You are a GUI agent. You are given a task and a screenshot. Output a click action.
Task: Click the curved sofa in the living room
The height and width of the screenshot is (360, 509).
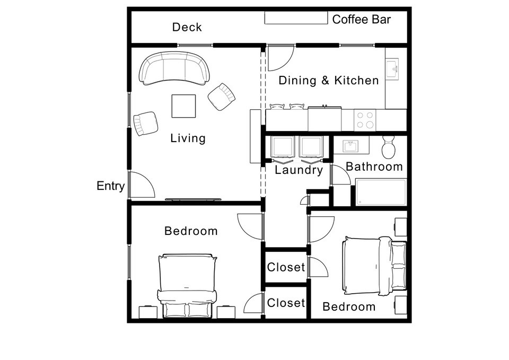174,69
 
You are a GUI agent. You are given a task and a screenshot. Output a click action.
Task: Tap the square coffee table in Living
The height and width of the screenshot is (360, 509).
183,106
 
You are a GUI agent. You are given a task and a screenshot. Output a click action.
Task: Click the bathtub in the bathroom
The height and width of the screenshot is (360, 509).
381,192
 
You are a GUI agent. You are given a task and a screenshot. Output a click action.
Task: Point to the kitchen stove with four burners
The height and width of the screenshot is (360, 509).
365,120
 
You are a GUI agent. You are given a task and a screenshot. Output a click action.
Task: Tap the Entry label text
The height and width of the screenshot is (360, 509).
110,186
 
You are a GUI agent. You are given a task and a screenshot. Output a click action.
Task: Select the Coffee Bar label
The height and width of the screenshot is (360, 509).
361,20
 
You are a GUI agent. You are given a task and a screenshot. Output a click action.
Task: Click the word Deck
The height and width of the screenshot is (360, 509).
187,27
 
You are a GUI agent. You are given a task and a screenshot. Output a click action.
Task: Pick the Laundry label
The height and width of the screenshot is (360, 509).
299,170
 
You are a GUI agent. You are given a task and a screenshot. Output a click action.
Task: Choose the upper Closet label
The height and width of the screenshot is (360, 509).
286,267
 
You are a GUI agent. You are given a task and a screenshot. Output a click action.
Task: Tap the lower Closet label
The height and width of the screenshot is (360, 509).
286,303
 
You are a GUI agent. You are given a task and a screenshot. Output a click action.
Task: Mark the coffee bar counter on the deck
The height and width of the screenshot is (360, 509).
296,19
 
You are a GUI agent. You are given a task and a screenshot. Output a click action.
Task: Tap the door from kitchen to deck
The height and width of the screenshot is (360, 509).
280,58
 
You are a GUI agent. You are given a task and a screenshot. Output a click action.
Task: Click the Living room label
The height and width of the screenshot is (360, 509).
188,138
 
